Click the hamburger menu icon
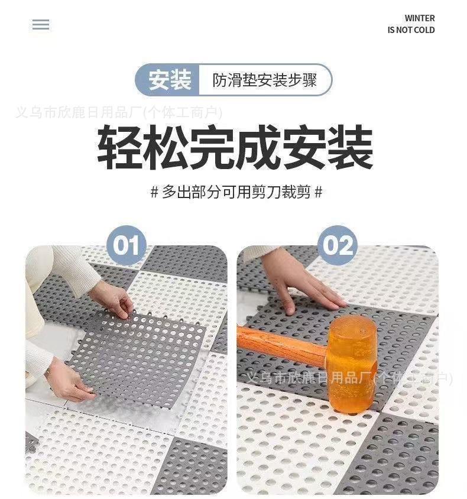41,24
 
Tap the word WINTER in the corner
420,18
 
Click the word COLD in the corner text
424,30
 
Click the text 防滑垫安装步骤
265,80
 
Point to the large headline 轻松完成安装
235,147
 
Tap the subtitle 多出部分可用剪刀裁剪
236,192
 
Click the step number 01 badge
127,245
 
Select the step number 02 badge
338,245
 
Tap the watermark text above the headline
119,112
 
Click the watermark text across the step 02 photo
349,378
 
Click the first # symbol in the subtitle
154,192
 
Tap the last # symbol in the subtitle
319,192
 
